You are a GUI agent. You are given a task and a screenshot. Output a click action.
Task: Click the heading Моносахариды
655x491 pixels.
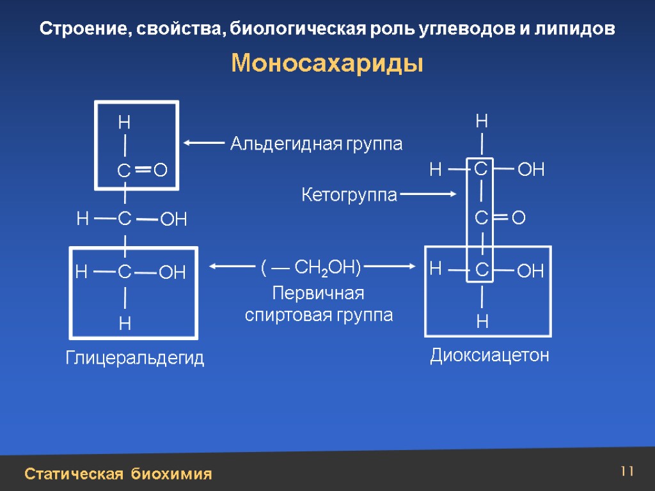pyautogui.click(x=327, y=64)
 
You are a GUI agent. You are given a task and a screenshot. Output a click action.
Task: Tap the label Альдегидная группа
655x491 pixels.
pyautogui.click(x=316, y=144)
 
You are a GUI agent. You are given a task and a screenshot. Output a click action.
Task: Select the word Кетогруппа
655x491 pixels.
pyautogui.click(x=349, y=196)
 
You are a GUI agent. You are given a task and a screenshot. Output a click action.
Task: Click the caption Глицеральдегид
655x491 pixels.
pyautogui.click(x=135, y=359)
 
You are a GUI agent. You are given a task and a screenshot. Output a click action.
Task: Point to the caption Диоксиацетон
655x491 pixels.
pyautogui.click(x=490, y=355)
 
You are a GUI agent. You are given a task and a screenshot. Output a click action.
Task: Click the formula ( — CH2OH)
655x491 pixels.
pyautogui.click(x=311, y=267)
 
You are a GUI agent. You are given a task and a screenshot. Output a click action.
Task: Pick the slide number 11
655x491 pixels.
pyautogui.click(x=626, y=472)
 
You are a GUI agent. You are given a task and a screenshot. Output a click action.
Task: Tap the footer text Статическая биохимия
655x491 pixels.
pyautogui.click(x=118, y=474)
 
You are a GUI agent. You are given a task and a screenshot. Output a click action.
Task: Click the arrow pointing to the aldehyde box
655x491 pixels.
pyautogui.click(x=204, y=143)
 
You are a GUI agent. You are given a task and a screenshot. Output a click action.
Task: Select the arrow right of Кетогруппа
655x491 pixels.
pyautogui.click(x=429, y=193)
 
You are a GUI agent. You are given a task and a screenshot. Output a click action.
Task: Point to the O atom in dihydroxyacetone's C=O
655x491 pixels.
pyautogui.click(x=519, y=219)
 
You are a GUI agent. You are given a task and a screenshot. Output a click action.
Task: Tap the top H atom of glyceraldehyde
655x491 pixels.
pyautogui.click(x=123, y=121)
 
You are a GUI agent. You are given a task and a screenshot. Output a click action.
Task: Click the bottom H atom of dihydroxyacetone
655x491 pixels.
pyautogui.click(x=482, y=322)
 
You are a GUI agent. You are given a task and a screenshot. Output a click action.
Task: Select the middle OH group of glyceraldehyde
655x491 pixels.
pyautogui.click(x=173, y=221)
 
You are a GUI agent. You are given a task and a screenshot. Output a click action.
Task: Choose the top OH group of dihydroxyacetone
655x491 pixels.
pyautogui.click(x=530, y=169)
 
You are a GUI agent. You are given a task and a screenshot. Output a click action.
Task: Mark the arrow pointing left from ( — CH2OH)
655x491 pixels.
pyautogui.click(x=233, y=267)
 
